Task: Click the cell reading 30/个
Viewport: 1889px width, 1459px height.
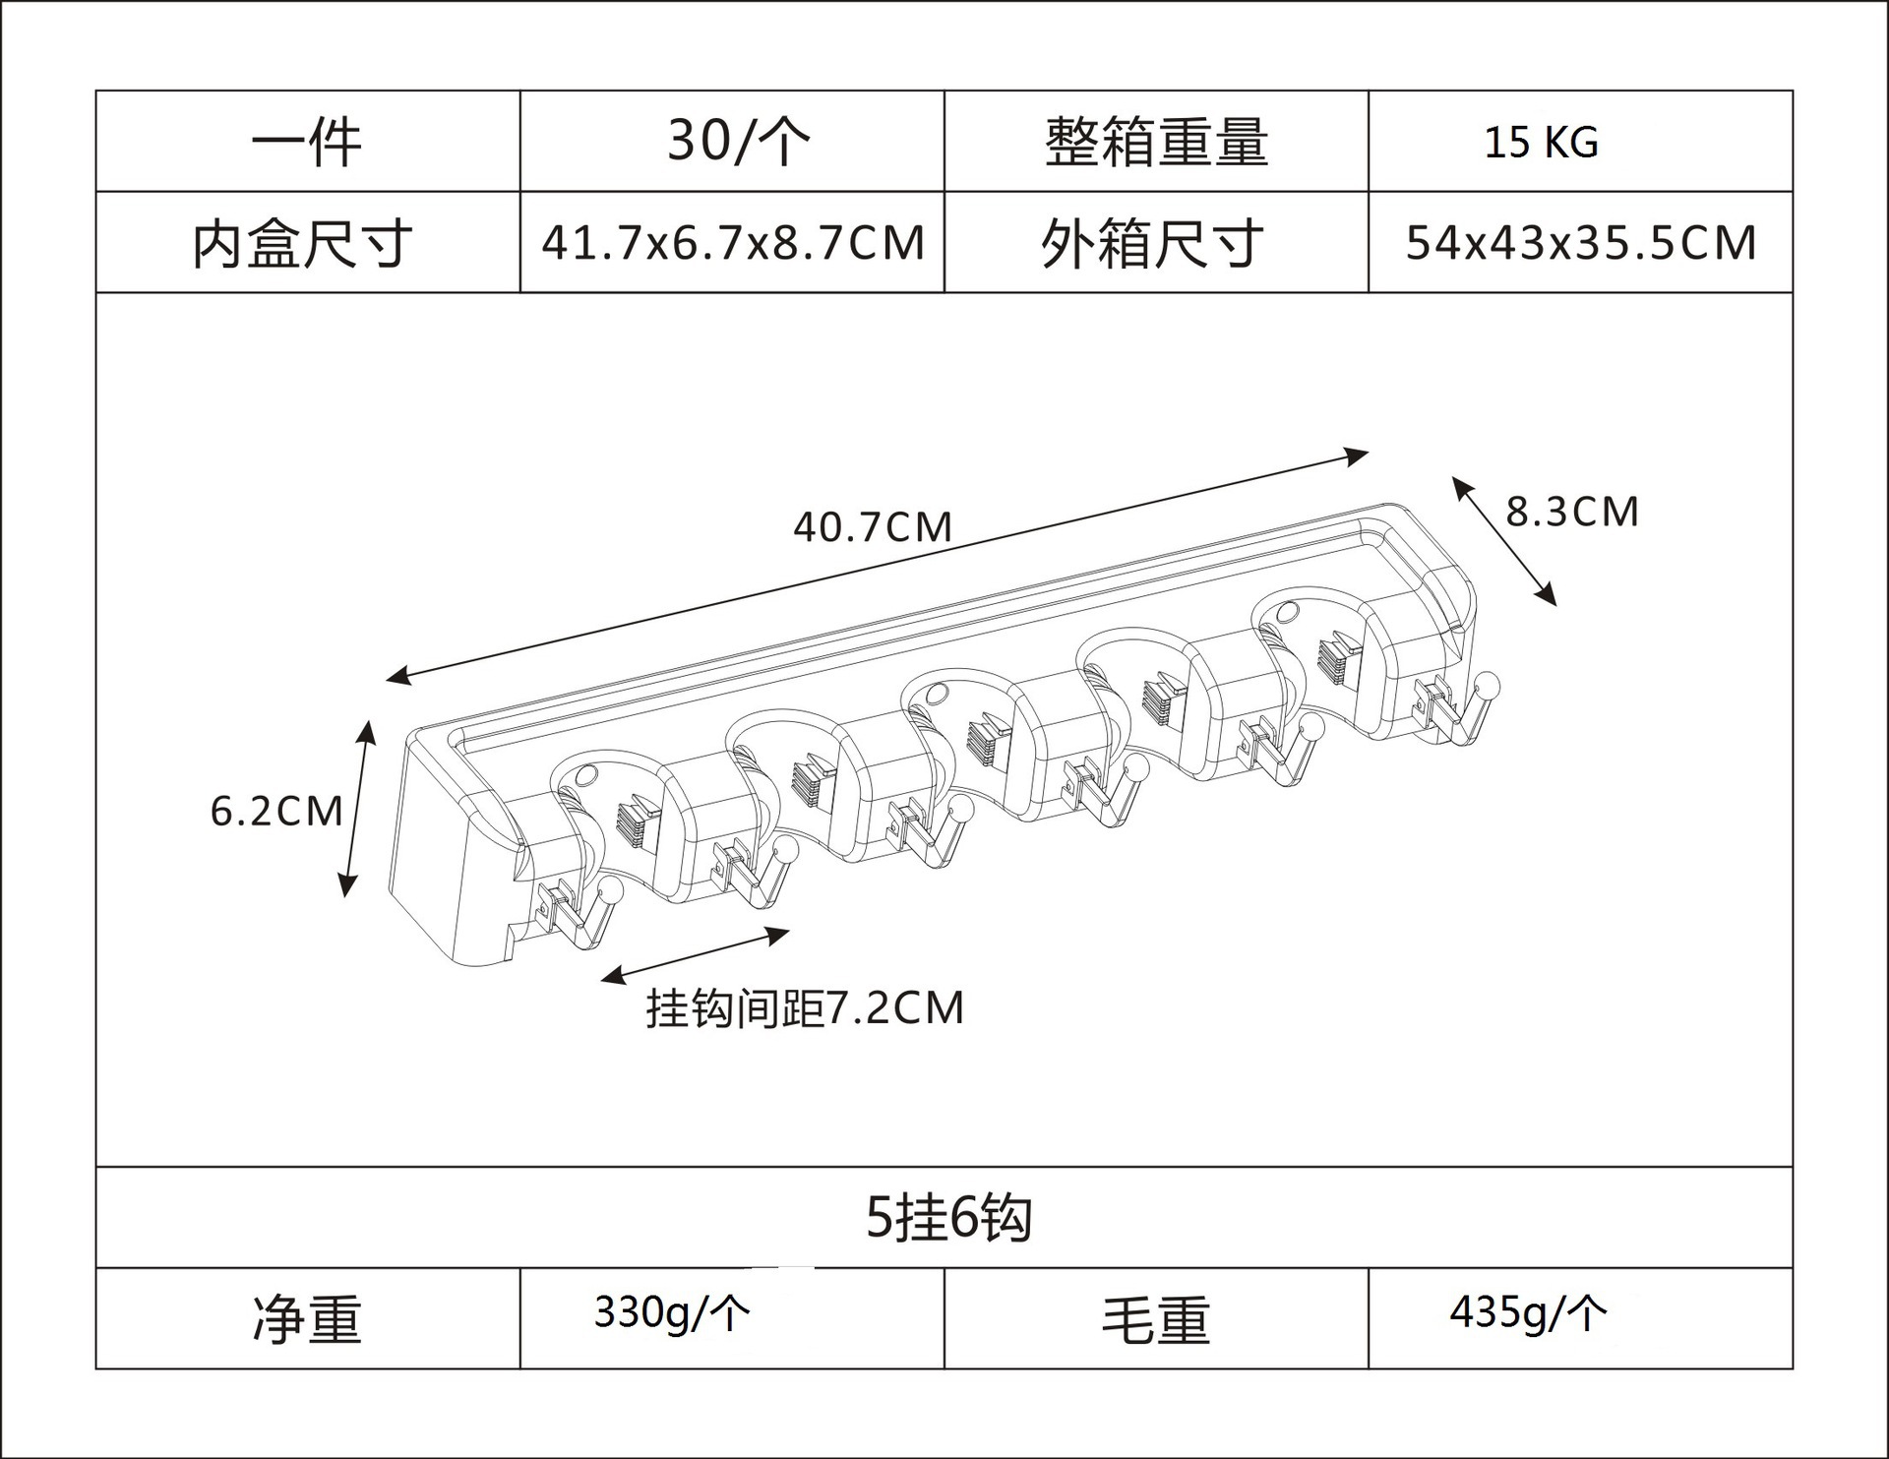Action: click(x=739, y=141)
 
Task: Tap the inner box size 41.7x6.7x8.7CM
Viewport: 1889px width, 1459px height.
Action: click(x=733, y=243)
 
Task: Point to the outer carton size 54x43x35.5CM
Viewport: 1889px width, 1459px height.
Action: click(x=1580, y=243)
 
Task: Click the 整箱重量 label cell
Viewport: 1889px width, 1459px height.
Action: click(x=1156, y=142)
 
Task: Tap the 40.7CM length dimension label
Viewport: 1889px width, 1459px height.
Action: click(x=873, y=527)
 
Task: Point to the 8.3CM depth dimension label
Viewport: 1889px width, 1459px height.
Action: click(x=1572, y=512)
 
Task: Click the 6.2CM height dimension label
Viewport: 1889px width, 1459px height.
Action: click(x=276, y=812)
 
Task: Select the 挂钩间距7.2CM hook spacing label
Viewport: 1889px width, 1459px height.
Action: click(x=805, y=1008)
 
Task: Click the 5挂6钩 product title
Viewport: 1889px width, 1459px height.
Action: click(x=948, y=1219)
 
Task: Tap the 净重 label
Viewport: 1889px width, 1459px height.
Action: click(x=307, y=1319)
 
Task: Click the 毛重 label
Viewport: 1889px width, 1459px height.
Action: click(x=1156, y=1319)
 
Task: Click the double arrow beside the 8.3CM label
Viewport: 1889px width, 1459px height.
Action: click(x=1504, y=541)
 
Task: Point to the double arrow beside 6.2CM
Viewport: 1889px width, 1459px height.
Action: click(x=357, y=809)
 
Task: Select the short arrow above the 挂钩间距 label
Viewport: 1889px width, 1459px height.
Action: click(x=695, y=954)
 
